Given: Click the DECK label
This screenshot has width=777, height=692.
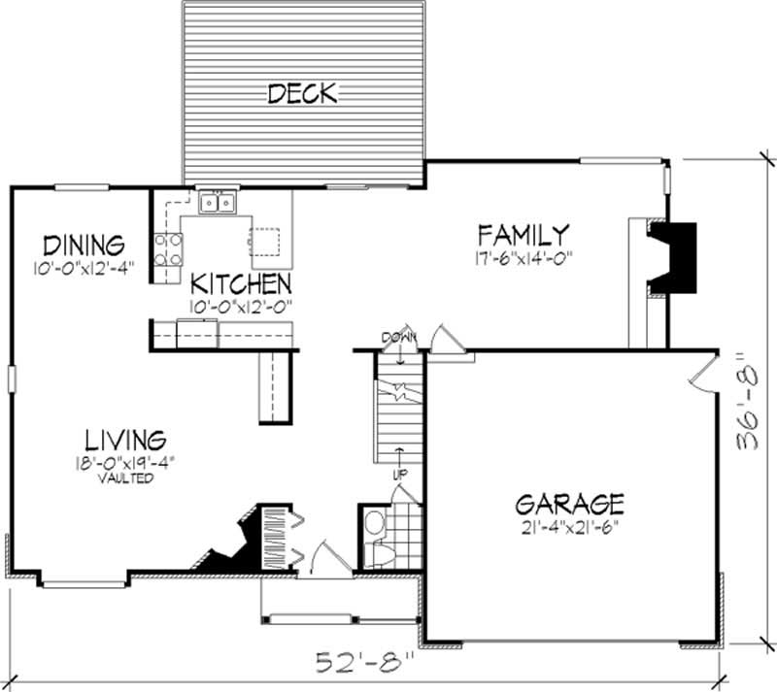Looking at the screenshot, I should tap(301, 93).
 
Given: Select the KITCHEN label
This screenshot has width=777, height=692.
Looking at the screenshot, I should tap(241, 283).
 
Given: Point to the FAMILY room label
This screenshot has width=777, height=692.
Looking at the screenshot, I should tap(523, 235).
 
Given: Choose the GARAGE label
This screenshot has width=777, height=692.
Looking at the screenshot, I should tap(569, 504).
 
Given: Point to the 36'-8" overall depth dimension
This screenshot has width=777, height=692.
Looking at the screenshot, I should tap(749, 401).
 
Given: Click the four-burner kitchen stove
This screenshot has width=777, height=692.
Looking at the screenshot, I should tap(168, 249).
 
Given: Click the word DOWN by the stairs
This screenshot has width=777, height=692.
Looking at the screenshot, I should tap(398, 337).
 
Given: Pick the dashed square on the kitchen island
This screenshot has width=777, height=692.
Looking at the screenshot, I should tap(263, 241).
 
